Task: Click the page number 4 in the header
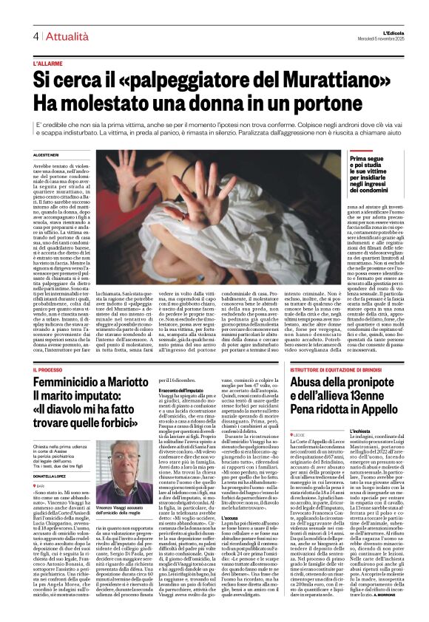35,36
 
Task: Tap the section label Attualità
63,36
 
